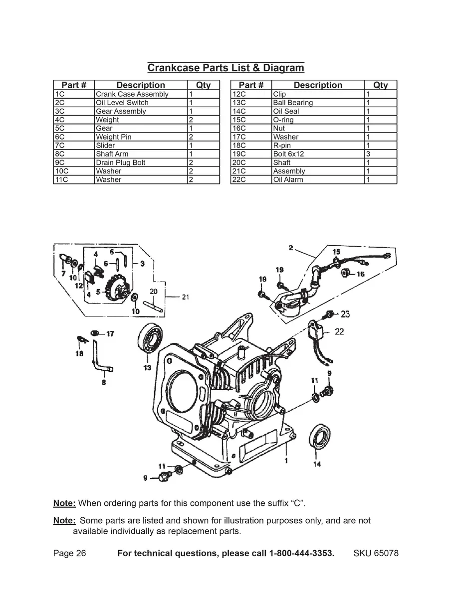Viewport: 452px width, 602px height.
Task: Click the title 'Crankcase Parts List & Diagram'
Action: click(x=226, y=68)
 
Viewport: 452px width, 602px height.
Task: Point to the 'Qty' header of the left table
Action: click(x=203, y=85)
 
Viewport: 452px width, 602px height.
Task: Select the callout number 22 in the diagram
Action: click(x=339, y=331)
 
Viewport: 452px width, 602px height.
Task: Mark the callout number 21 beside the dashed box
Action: click(x=185, y=297)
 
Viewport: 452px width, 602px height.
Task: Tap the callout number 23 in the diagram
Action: click(x=345, y=314)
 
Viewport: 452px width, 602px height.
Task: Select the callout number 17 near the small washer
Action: click(x=110, y=333)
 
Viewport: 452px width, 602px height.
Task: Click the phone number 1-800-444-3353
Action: click(x=301, y=554)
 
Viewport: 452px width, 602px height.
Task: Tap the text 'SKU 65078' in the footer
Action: click(x=376, y=554)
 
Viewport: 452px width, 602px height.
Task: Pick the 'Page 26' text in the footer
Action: click(x=70, y=554)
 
